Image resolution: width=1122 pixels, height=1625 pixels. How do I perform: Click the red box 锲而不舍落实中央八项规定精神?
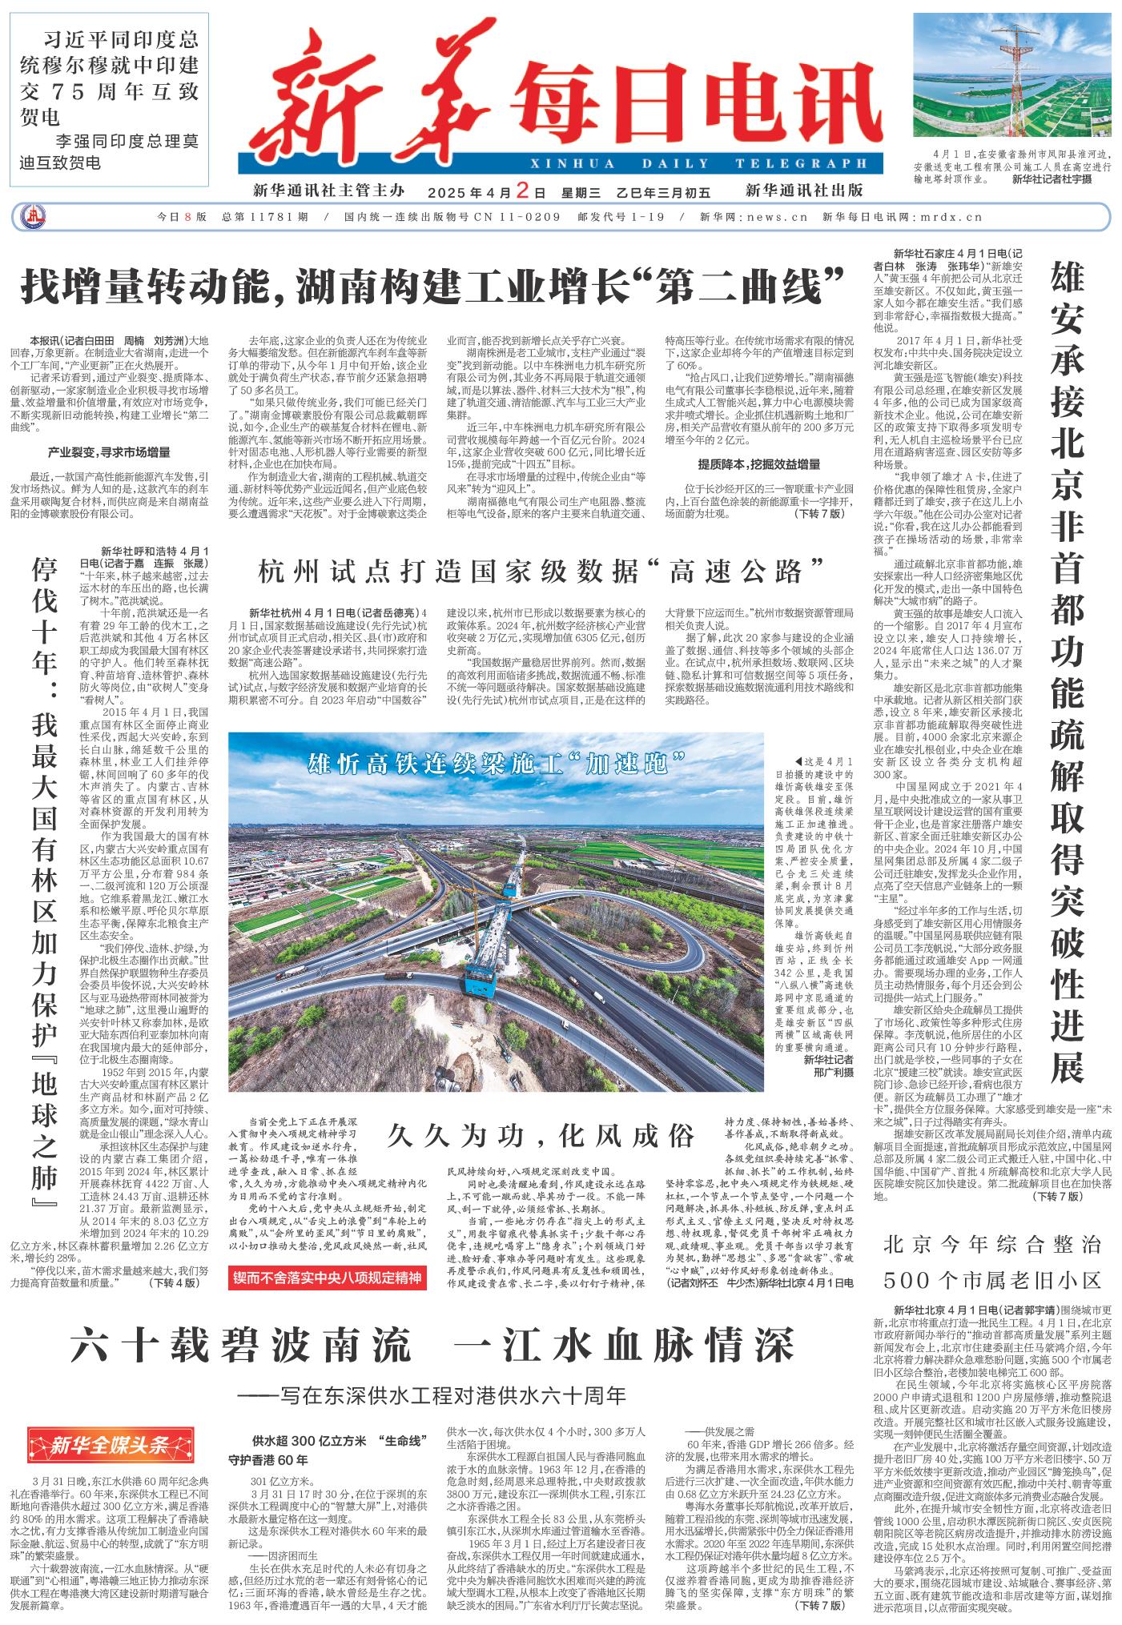(327, 1277)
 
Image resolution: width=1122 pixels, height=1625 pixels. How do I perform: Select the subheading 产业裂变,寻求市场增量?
(109, 451)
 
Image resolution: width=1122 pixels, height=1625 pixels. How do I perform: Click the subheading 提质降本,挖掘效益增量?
(758, 463)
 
